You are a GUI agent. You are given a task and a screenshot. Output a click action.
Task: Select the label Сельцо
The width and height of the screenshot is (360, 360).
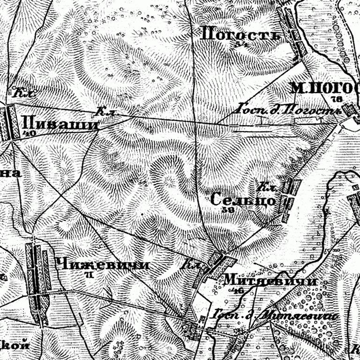(x=242, y=200)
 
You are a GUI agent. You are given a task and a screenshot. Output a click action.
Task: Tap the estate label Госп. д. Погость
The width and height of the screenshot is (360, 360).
(x=288, y=110)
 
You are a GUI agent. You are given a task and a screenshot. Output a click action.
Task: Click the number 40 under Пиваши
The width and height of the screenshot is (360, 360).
(x=32, y=133)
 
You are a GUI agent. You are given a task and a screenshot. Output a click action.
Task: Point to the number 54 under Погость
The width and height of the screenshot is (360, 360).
(x=242, y=44)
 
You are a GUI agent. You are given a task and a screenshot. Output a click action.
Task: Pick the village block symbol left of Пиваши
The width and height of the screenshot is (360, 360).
(x=9, y=123)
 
